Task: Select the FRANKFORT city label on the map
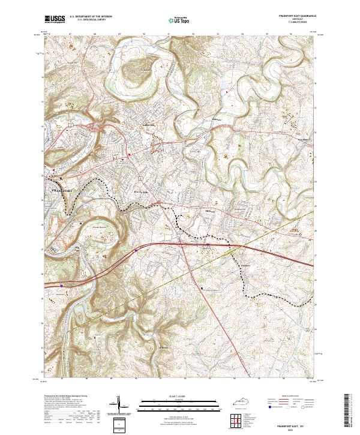(x=59, y=191)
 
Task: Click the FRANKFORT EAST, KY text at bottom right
(x=298, y=424)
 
